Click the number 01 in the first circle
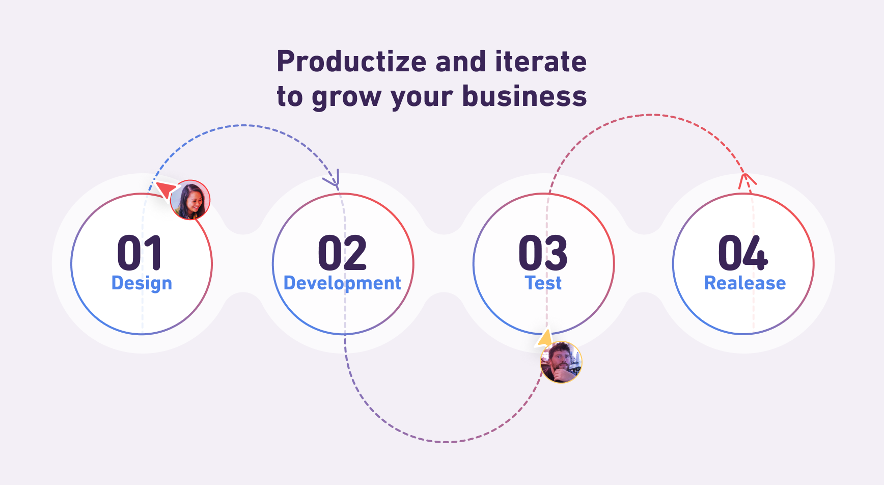click(x=140, y=253)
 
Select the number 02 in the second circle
click(x=342, y=253)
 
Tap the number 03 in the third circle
click(x=543, y=253)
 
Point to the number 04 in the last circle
click(x=743, y=253)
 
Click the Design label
click(x=142, y=283)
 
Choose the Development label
click(x=342, y=283)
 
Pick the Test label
click(x=543, y=283)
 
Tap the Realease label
click(x=745, y=283)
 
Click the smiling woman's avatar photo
click(x=190, y=200)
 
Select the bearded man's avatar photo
click(x=561, y=362)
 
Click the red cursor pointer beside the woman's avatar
click(x=166, y=189)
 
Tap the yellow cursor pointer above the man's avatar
click(x=545, y=338)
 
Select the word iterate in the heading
click(x=541, y=62)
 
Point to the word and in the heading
click(x=461, y=62)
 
